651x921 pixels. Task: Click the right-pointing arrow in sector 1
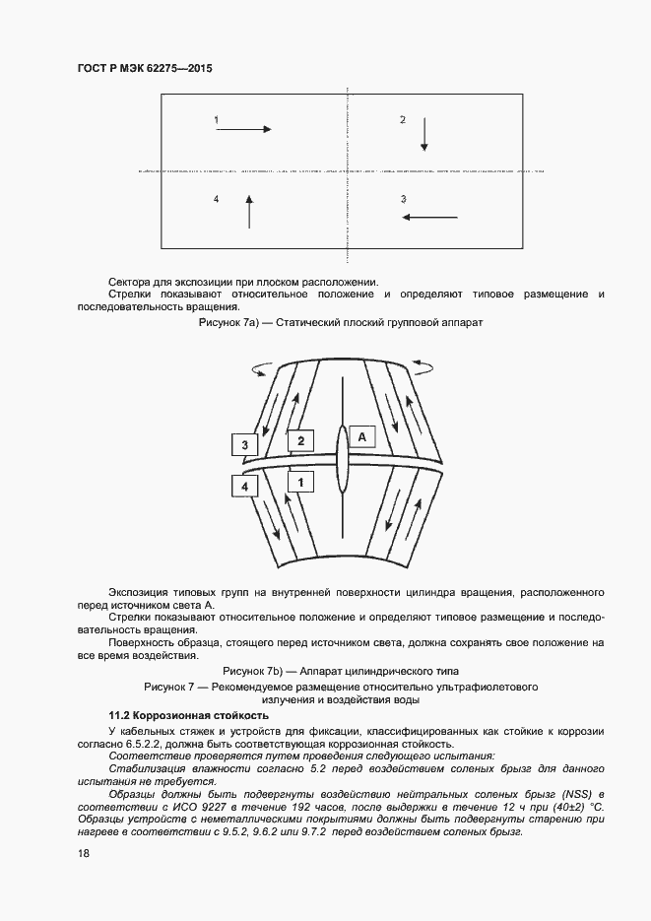[243, 127]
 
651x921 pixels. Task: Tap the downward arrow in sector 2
[424, 133]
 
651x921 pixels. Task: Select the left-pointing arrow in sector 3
[428, 217]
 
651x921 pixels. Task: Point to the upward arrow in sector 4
[249, 212]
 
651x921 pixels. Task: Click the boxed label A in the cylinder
[361, 435]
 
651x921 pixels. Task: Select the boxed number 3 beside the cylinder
[244, 445]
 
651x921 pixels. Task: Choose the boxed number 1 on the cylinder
[300, 482]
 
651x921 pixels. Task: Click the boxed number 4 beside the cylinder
[244, 485]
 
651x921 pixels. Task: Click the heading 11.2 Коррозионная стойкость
[187, 714]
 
